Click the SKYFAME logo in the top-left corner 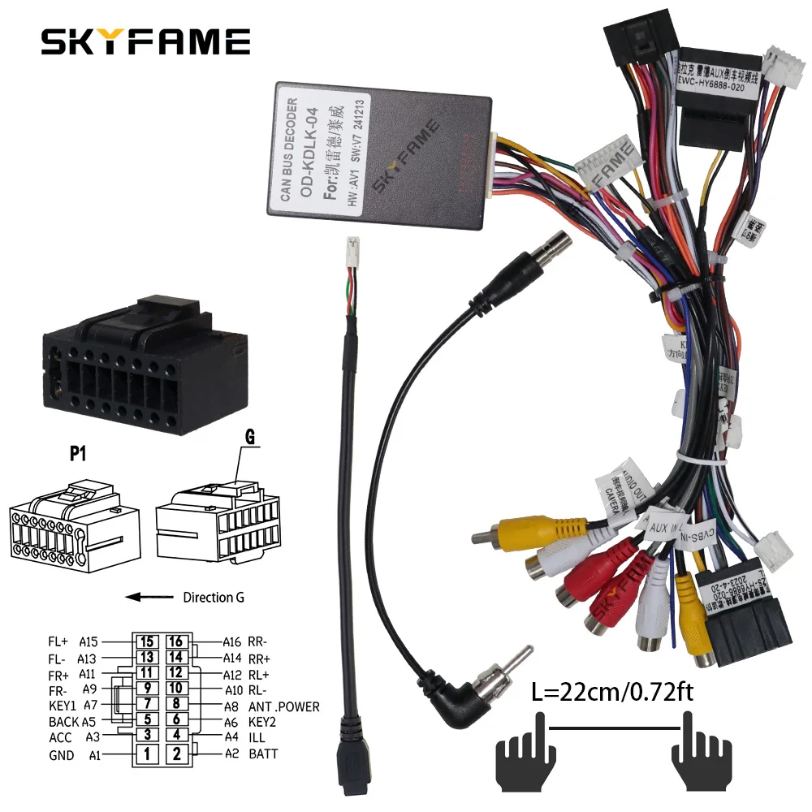tap(146, 41)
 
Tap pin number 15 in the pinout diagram tap(147, 641)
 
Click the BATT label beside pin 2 tap(263, 754)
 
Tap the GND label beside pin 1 tap(61, 755)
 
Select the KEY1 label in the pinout tap(62, 706)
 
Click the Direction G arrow tap(150, 598)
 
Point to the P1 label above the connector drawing tap(78, 455)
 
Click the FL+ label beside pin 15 tap(58, 641)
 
